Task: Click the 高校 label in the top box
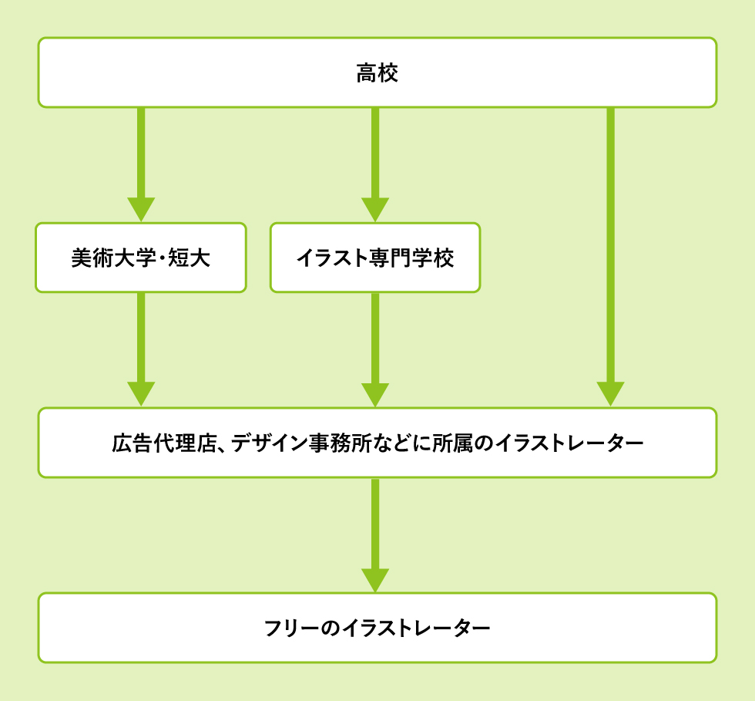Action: click(x=377, y=74)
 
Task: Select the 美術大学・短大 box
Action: click(x=141, y=258)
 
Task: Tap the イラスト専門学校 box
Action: click(x=375, y=258)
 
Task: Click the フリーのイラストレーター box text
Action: click(x=377, y=628)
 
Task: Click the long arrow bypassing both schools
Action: click(x=610, y=254)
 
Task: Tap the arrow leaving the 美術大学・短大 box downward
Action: click(x=141, y=347)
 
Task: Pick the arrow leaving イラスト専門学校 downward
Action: click(x=375, y=347)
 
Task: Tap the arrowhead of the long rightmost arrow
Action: click(x=610, y=393)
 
